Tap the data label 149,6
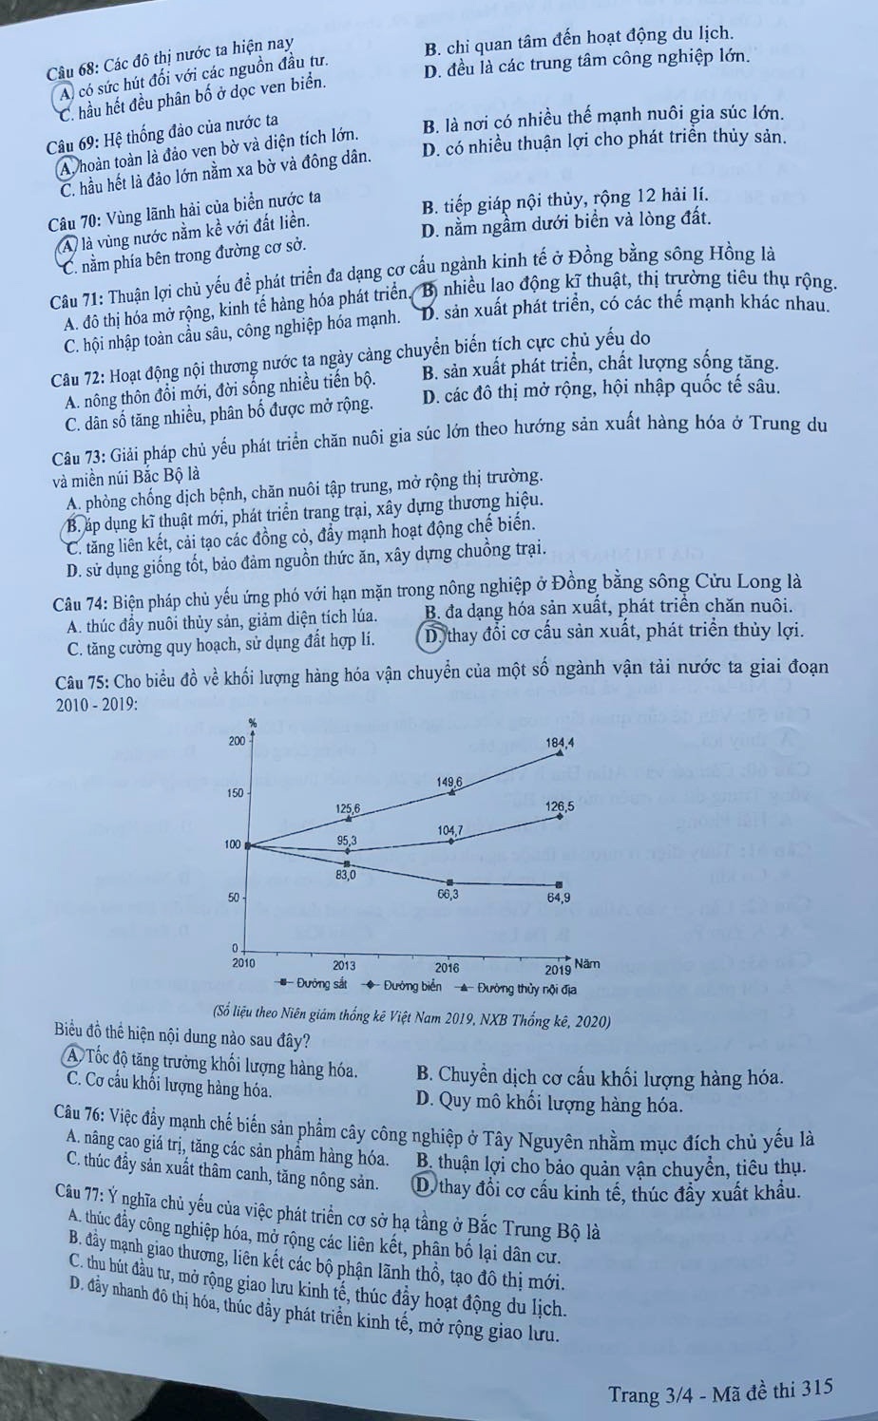coord(449,781)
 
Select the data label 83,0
coord(346,874)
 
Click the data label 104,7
coord(449,830)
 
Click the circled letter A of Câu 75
coord(75,1062)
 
